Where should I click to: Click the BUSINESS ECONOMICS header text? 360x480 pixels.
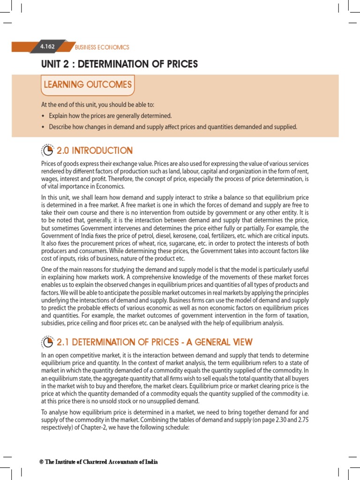(102, 47)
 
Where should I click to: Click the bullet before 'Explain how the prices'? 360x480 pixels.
(43, 116)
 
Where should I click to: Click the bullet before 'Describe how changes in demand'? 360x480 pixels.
(43, 127)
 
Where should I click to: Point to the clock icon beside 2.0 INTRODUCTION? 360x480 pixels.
(48, 150)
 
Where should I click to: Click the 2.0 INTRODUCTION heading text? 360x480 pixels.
(95, 150)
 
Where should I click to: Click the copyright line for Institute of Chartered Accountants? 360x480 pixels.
(99, 462)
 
